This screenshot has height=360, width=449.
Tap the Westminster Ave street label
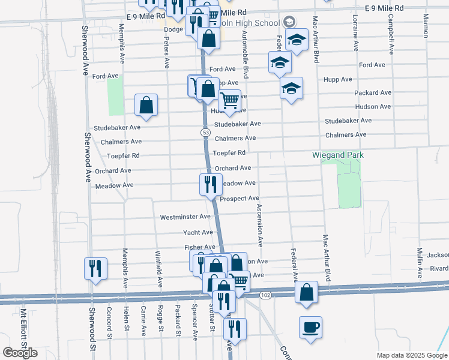pyautogui.click(x=185, y=217)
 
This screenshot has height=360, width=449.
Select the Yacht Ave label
pyautogui.click(x=198, y=232)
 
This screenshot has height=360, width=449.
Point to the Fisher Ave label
pyautogui.click(x=200, y=247)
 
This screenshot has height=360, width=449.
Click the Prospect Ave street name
pyautogui.click(x=239, y=199)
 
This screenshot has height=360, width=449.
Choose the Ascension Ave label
pyautogui.click(x=260, y=225)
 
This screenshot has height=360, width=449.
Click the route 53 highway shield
pyautogui.click(x=205, y=132)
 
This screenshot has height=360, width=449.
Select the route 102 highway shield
pyautogui.click(x=265, y=295)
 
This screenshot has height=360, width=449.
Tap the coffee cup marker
pyautogui.click(x=311, y=327)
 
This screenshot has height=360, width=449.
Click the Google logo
pyautogui.click(x=20, y=353)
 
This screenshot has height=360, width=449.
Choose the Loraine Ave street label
pyautogui.click(x=355, y=33)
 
